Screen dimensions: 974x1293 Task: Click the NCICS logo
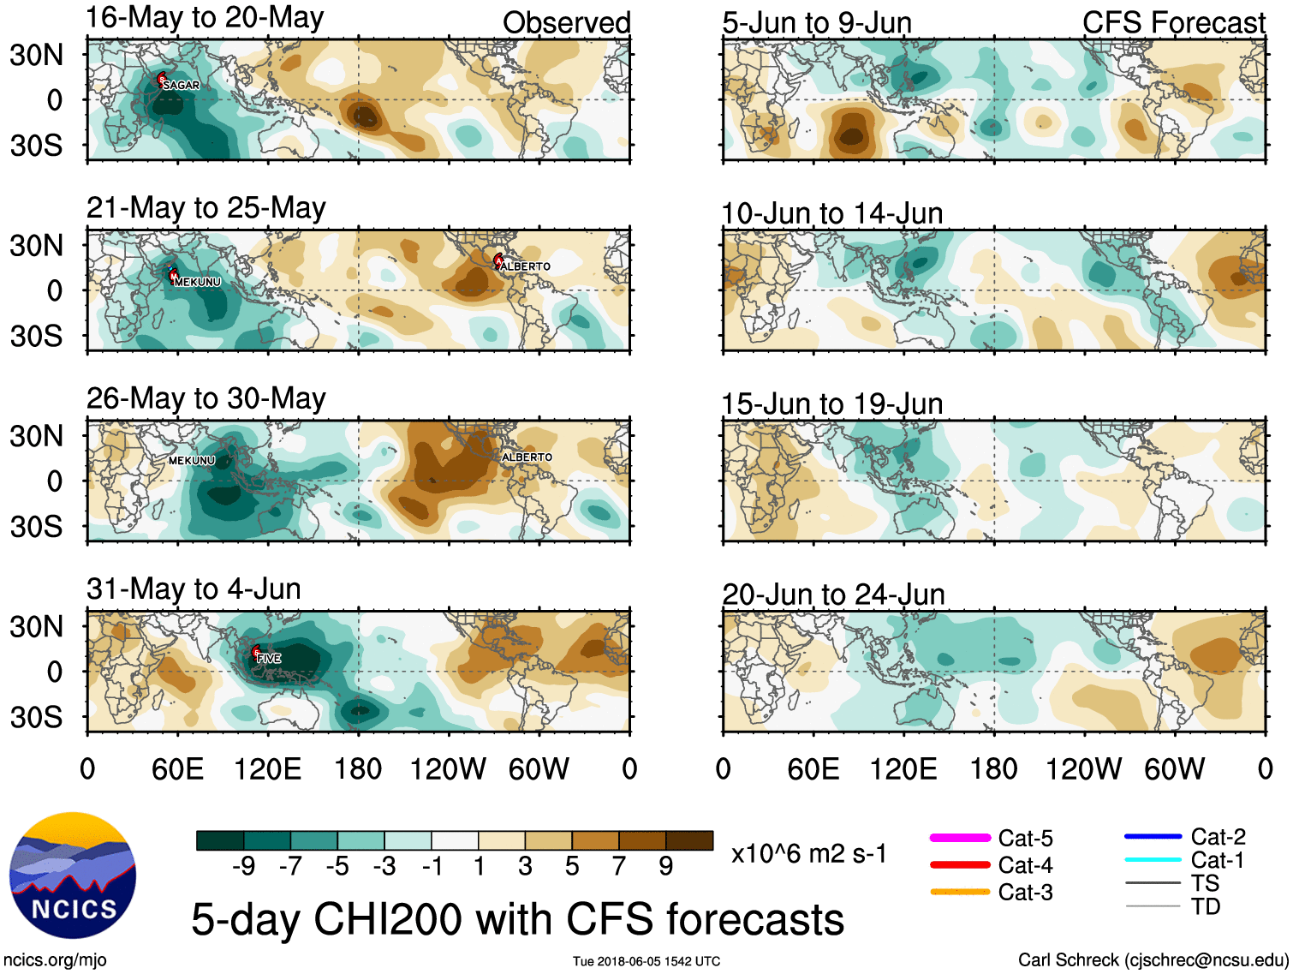tap(73, 875)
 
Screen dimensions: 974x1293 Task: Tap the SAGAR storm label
tap(181, 85)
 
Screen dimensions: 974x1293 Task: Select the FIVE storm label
tap(269, 658)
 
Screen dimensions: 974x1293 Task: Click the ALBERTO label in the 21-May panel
tap(525, 266)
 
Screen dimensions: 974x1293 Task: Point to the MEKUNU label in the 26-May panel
tap(192, 460)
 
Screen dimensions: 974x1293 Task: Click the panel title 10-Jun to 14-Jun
tap(831, 213)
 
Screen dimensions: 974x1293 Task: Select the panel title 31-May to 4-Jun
tap(194, 589)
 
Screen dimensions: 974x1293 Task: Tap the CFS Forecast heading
tap(1173, 23)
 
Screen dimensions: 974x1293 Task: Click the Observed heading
tap(566, 23)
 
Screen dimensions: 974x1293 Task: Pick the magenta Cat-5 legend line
tap(960, 838)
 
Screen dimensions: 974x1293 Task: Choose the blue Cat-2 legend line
tap(1153, 836)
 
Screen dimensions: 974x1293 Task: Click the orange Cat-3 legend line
tap(960, 892)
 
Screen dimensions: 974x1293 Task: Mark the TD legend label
tap(1206, 906)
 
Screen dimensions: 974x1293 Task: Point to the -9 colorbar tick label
tap(243, 866)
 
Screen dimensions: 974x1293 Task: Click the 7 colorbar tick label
tap(619, 866)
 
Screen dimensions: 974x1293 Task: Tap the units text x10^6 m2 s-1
tap(808, 853)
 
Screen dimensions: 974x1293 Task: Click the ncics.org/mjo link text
tap(55, 959)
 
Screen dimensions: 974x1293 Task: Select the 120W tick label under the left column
tap(448, 768)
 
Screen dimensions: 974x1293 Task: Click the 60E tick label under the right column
tap(813, 768)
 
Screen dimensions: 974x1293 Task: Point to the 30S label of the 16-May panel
tap(36, 145)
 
